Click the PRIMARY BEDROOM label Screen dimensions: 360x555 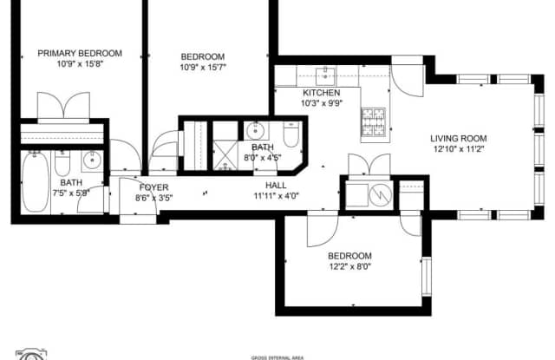coord(80,53)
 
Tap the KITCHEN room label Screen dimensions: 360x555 coord(321,93)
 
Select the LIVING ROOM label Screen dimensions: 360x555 coord(459,138)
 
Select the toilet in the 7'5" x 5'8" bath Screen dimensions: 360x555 coord(63,162)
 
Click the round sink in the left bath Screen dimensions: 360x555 coord(92,161)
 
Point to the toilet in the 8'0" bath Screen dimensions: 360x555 coord(291,135)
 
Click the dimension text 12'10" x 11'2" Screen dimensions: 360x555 coord(459,149)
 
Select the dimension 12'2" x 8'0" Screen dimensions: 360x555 coord(349,267)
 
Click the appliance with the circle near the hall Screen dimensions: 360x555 coord(380,196)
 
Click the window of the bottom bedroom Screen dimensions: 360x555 coord(425,277)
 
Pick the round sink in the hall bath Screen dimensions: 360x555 coord(257,133)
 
